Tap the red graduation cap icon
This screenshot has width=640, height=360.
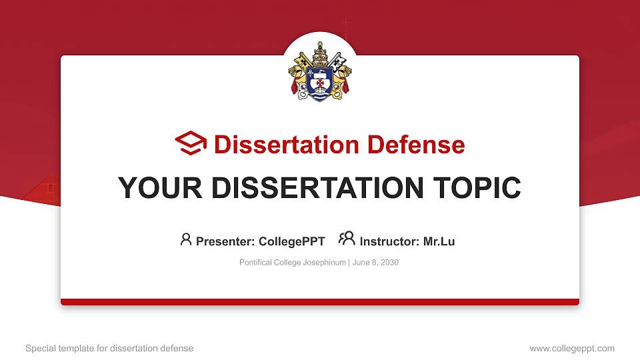pos(191,143)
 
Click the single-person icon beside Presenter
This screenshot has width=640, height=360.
pos(186,239)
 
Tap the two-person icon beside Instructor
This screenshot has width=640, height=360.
pos(347,239)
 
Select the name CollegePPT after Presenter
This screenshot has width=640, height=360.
pos(291,241)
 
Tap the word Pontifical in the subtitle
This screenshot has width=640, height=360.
pos(255,263)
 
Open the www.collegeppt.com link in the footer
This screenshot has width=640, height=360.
pos(572,348)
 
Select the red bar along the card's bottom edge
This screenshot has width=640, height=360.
pos(320,302)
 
